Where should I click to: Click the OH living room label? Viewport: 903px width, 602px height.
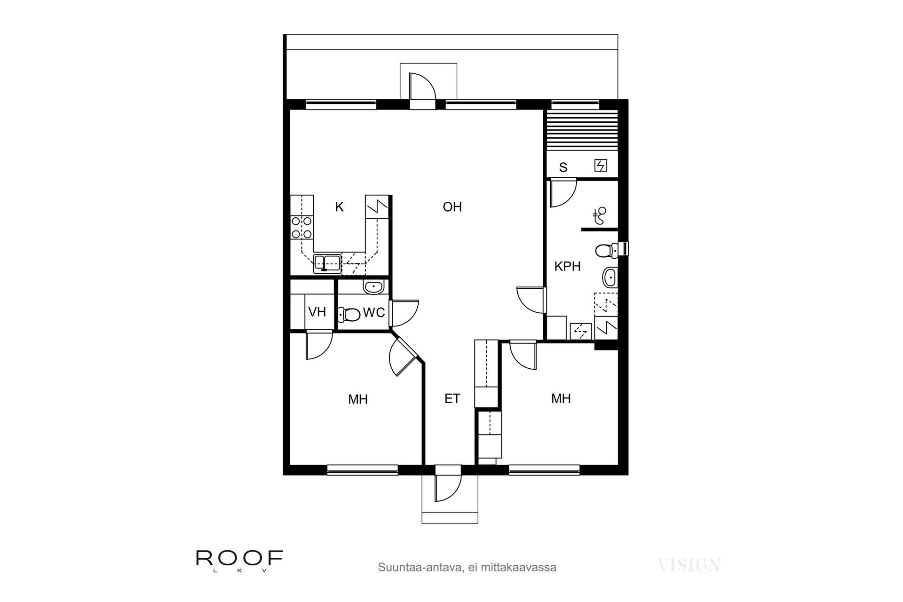click(x=452, y=207)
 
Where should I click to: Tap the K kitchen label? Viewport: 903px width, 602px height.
click(x=339, y=207)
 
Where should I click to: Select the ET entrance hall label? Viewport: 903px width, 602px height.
click(x=452, y=399)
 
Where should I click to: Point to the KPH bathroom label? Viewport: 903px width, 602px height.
click(x=567, y=267)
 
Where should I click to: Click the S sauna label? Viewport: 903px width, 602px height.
click(x=563, y=167)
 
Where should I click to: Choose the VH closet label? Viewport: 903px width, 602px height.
click(x=317, y=312)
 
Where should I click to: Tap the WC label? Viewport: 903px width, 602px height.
click(x=374, y=312)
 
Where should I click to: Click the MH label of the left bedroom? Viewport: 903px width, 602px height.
click(x=358, y=399)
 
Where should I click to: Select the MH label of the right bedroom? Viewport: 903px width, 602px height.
click(x=561, y=399)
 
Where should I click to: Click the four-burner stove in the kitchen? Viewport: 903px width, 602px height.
click(x=301, y=227)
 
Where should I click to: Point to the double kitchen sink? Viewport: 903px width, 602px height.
click(x=328, y=264)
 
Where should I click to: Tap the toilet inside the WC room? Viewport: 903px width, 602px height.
click(x=349, y=314)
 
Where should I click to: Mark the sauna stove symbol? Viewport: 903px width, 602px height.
click(x=601, y=166)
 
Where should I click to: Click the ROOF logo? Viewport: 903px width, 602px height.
click(x=239, y=561)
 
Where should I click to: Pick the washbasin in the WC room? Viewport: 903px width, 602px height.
click(x=374, y=286)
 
